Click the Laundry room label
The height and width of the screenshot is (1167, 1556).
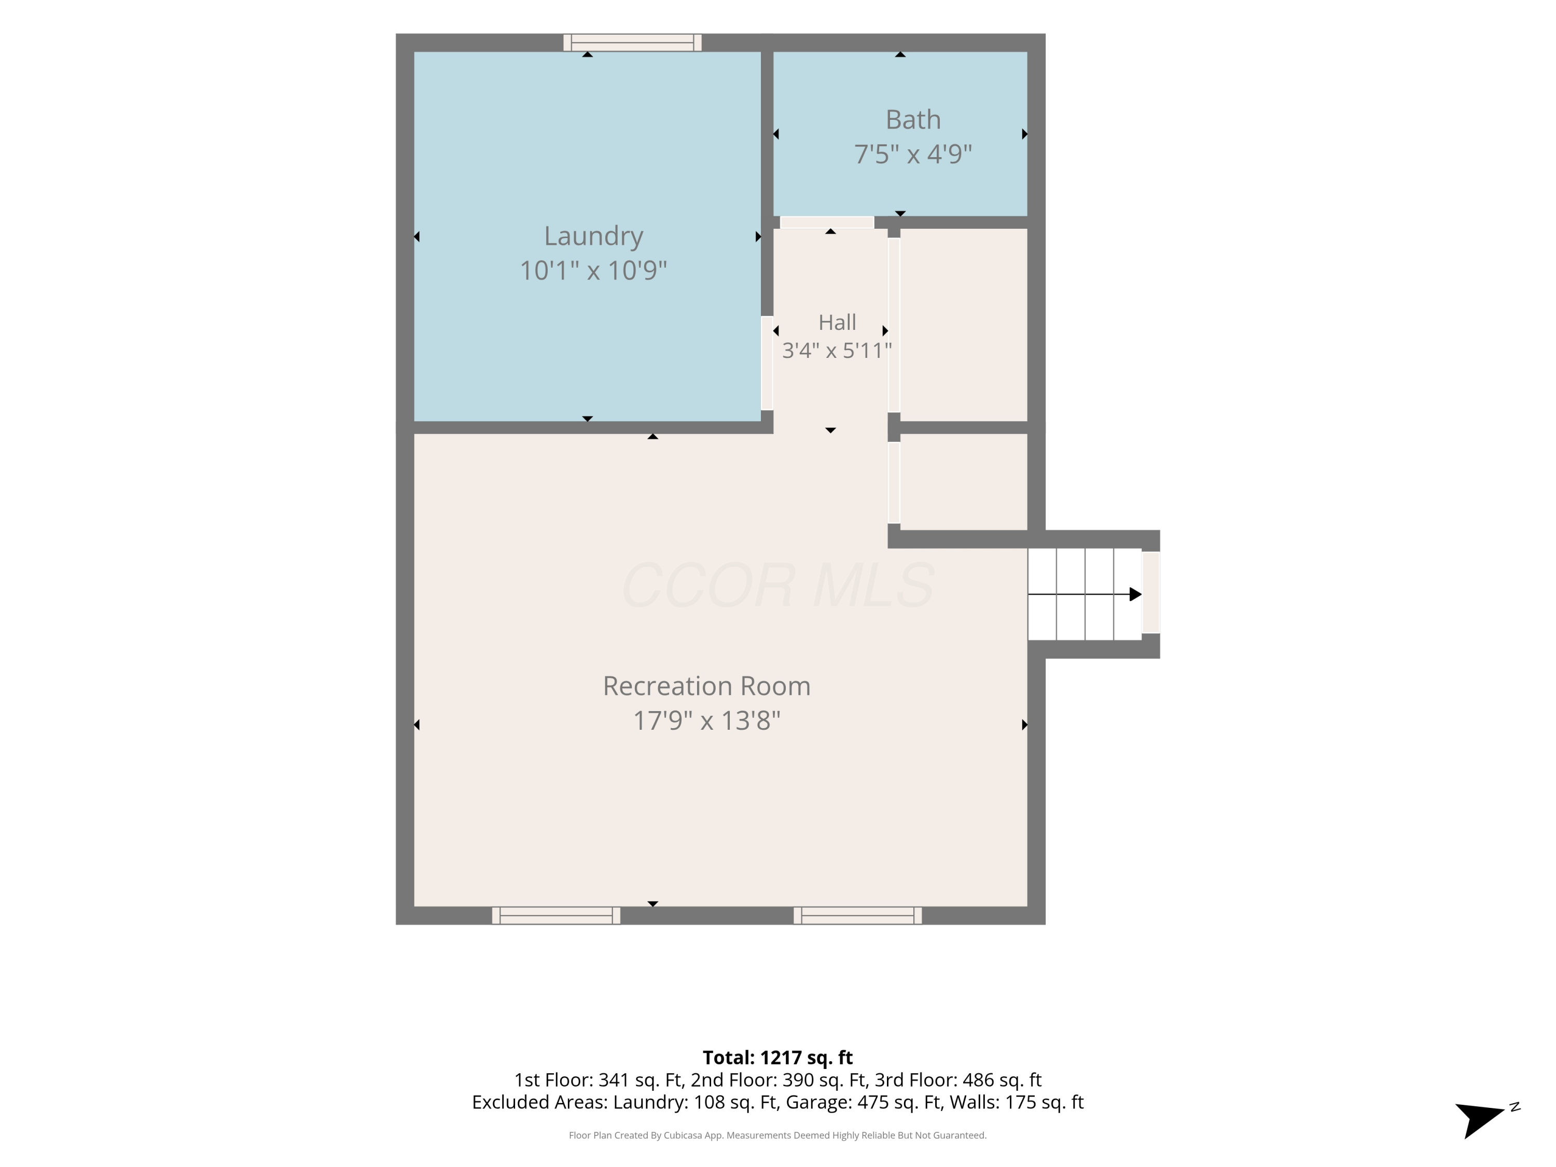pyautogui.click(x=594, y=237)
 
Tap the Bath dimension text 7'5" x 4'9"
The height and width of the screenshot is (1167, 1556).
pyautogui.click(x=913, y=154)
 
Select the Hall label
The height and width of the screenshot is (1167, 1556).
pyautogui.click(x=837, y=322)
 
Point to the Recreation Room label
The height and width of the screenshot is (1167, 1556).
pyautogui.click(x=707, y=686)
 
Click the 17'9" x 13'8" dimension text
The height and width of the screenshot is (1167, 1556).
pyautogui.click(x=707, y=720)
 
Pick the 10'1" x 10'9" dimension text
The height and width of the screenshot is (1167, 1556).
pyautogui.click(x=594, y=270)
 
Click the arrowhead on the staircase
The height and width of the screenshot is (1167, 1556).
pyautogui.click(x=1135, y=594)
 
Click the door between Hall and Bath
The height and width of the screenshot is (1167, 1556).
pyautogui.click(x=827, y=223)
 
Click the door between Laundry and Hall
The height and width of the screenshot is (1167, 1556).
pyautogui.click(x=768, y=363)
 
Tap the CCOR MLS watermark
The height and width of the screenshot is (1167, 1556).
pyautogui.click(x=778, y=585)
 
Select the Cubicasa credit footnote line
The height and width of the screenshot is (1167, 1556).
pyautogui.click(x=777, y=1135)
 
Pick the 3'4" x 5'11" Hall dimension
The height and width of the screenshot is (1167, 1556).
pyautogui.click(x=837, y=350)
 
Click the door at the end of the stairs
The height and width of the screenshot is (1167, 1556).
pyautogui.click(x=1151, y=593)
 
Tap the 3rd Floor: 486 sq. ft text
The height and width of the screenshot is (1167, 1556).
pyautogui.click(x=957, y=1080)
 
